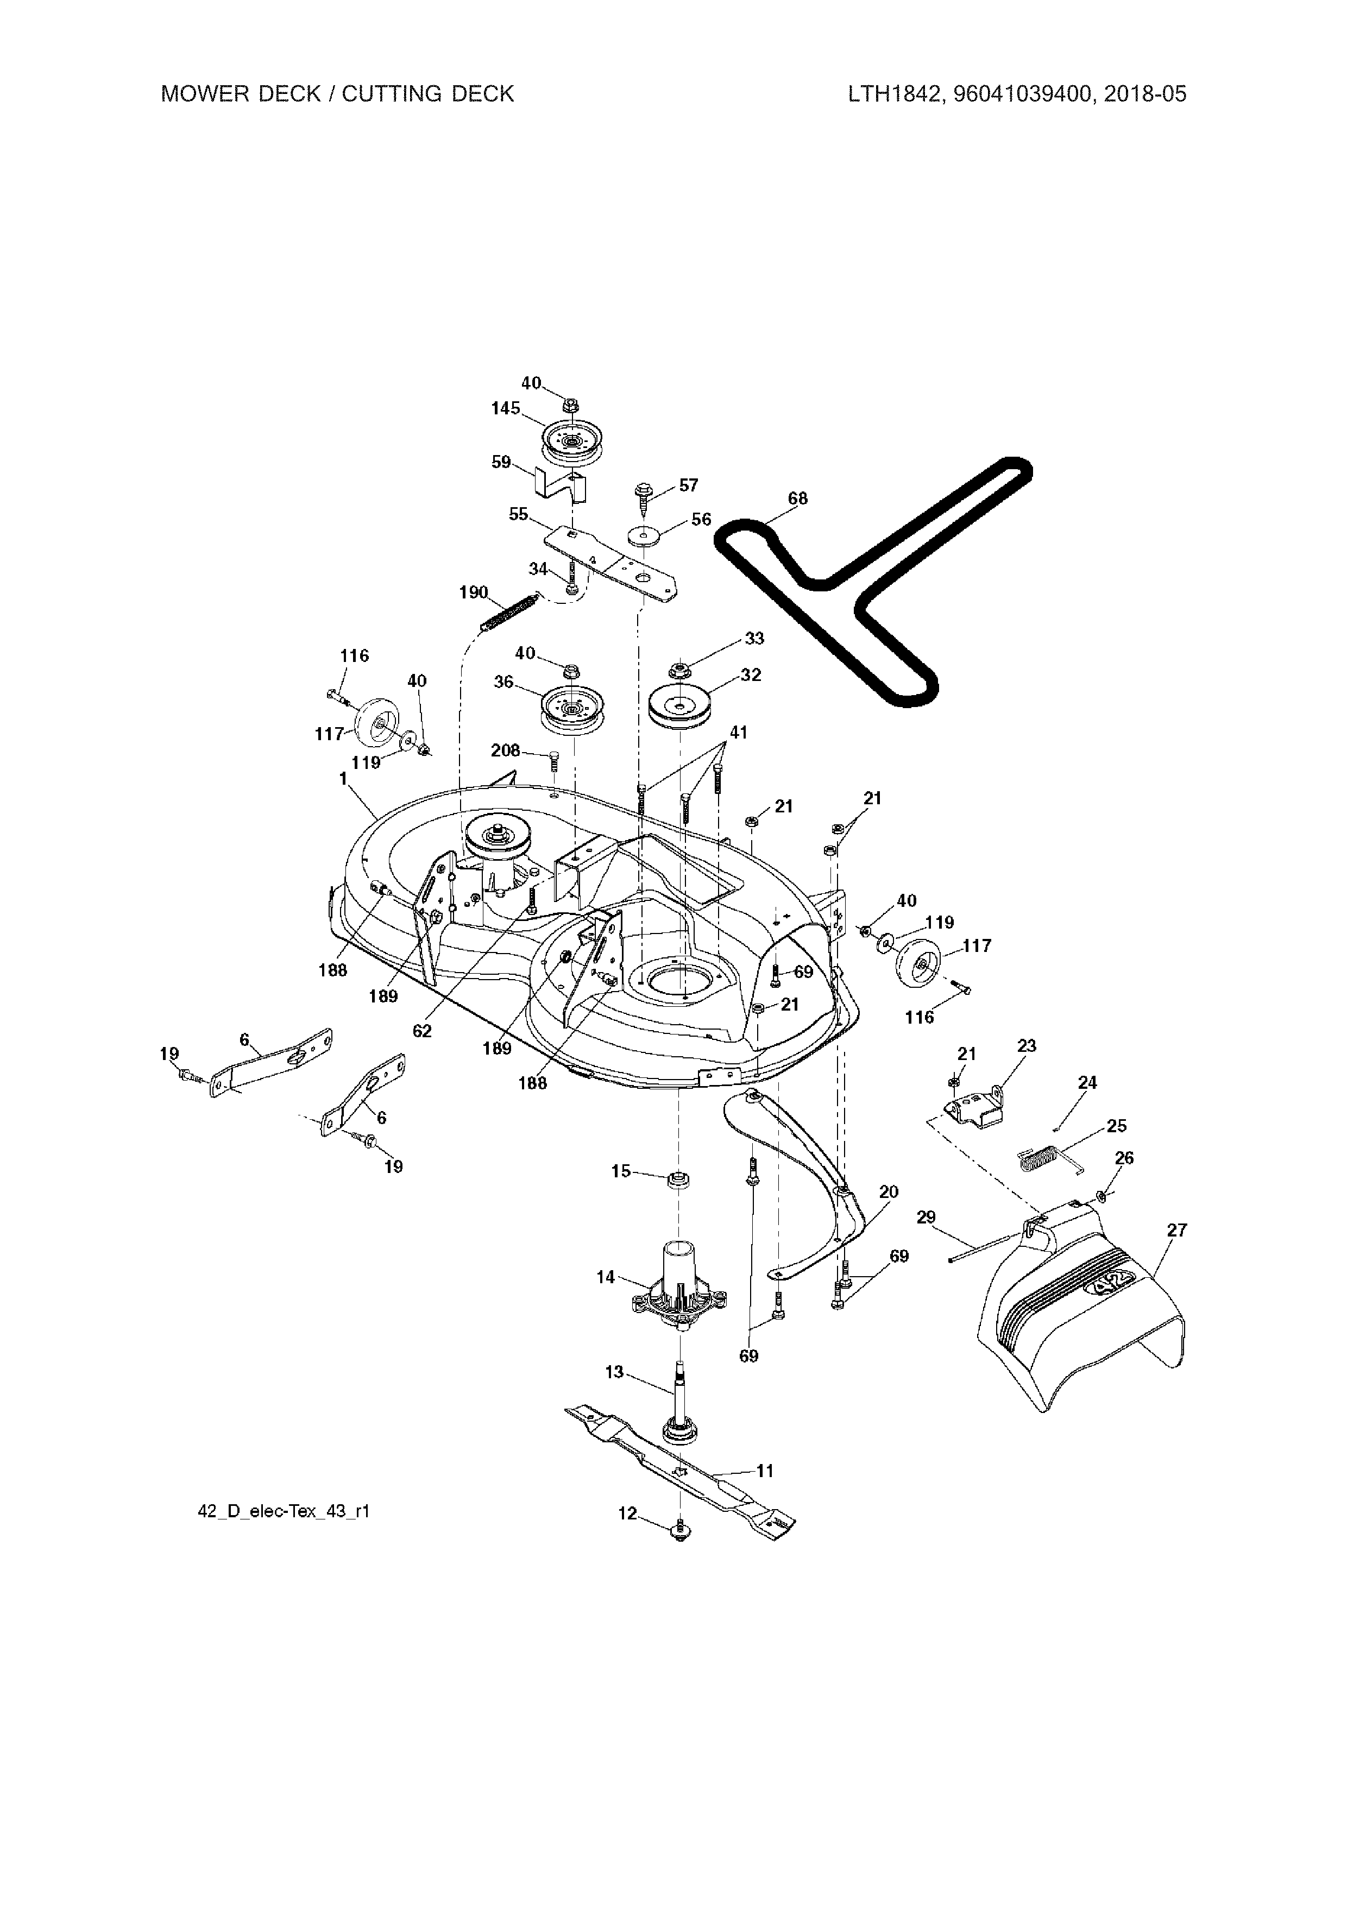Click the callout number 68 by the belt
point(797,499)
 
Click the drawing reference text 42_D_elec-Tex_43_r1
point(283,1512)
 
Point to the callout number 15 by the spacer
point(621,1171)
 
